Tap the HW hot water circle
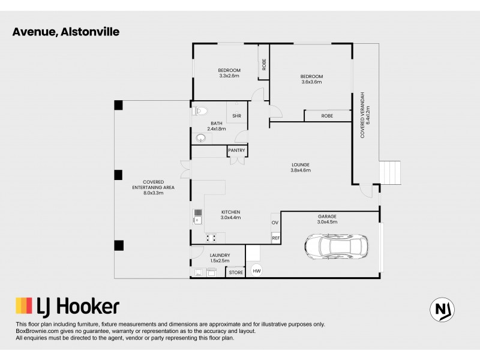(x=256, y=271)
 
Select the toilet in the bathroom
(x=200, y=111)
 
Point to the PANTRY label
(x=238, y=150)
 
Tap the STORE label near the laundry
(x=236, y=272)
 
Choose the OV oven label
(x=275, y=223)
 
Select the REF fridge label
(x=276, y=238)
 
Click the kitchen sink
(x=197, y=218)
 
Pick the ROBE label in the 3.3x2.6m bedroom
(x=263, y=65)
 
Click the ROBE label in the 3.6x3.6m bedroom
(x=327, y=116)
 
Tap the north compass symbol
(x=442, y=309)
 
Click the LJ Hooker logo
(x=67, y=307)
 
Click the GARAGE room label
(x=327, y=216)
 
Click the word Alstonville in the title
(x=89, y=32)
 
